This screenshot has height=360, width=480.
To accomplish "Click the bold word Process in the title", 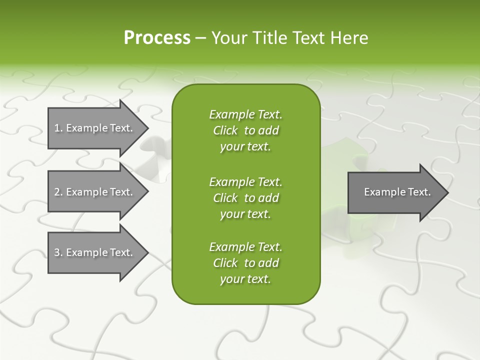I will pos(157,38).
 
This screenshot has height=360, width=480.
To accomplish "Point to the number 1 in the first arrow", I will pos(57,128).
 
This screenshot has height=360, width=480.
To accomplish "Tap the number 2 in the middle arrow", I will pos(57,192).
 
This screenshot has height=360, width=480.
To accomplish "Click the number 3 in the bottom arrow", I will pos(57,252).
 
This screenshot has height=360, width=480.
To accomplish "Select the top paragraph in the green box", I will pos(245,130).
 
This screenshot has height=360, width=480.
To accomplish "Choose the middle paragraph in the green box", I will pos(245,198).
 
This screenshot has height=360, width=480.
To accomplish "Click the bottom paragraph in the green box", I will pos(245,263).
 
